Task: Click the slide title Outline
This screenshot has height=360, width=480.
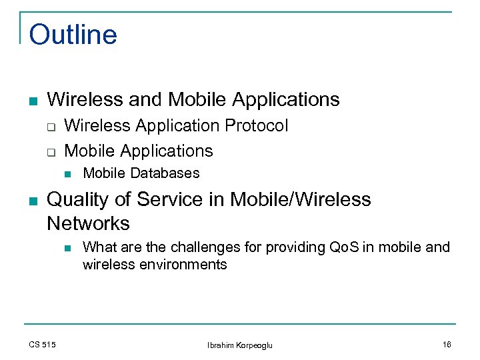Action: coord(73,35)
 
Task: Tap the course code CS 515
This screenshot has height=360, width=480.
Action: coord(43,344)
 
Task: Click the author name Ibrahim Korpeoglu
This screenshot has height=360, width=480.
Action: coord(240,345)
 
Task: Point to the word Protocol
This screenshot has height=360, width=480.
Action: coord(257,125)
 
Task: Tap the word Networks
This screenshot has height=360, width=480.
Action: coord(88,223)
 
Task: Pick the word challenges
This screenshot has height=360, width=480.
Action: coord(203,247)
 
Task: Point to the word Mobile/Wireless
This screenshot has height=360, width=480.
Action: coord(300,199)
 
